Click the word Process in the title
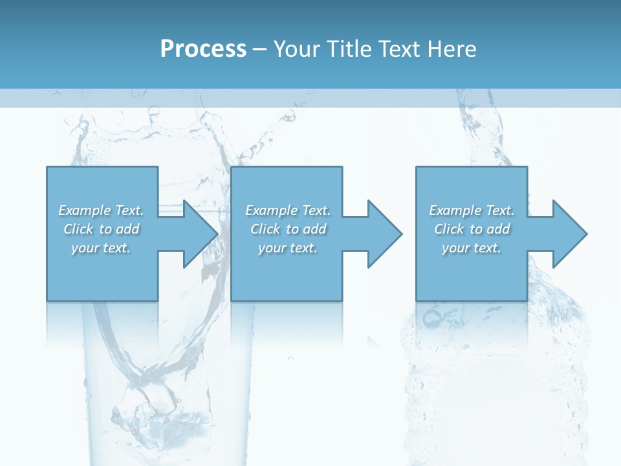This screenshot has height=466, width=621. coord(203,49)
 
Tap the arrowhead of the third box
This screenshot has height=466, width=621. coord(569,234)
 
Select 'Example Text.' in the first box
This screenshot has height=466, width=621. coord(101,210)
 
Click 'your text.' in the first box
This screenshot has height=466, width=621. coord(101,248)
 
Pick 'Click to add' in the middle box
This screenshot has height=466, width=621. coord(288,229)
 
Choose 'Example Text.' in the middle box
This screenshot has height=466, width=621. coord(288,210)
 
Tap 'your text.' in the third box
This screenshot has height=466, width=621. coord(472,248)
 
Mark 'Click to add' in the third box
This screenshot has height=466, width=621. coord(472,229)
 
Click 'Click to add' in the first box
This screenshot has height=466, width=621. coord(101,229)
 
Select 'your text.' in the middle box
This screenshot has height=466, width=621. coord(288,248)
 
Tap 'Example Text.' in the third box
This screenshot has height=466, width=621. coord(472,210)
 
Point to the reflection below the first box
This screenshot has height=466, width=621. coord(102,324)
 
